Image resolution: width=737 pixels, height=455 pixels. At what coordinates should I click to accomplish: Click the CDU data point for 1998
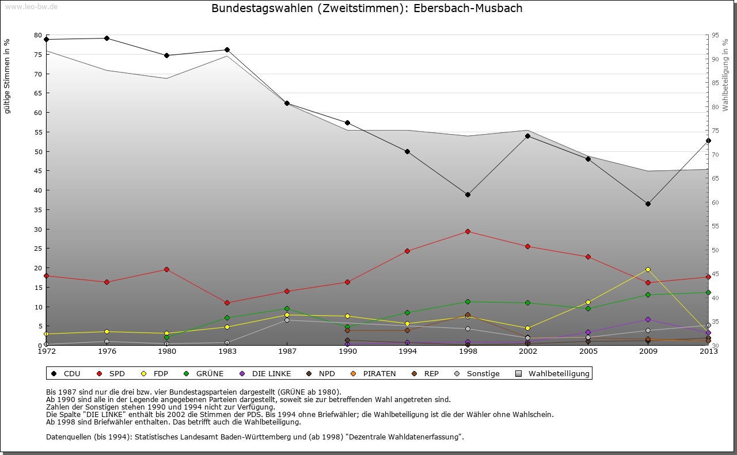point(468,194)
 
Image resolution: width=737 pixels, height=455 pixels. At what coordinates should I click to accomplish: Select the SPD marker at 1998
point(468,231)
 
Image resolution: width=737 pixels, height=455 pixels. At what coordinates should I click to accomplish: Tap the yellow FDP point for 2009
point(648,269)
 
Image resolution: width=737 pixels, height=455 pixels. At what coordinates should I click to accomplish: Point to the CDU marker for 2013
point(708,140)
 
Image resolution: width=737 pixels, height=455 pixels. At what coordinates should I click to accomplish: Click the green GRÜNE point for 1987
point(287,308)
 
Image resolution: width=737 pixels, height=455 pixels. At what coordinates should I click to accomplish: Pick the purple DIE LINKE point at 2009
point(648,319)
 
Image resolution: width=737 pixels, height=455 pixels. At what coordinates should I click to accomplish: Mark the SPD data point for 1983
point(227,303)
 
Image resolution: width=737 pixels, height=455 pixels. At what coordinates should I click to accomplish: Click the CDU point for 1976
point(107,38)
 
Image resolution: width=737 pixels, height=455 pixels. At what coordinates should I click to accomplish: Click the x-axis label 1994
point(407,351)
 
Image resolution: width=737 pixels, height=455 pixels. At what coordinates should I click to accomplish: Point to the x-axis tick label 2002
point(527,351)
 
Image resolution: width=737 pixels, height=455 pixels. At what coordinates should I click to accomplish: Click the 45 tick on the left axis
point(37,171)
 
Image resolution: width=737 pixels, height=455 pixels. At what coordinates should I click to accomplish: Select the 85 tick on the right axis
point(716,83)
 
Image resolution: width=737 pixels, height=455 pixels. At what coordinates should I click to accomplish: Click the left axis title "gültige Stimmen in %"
point(7,76)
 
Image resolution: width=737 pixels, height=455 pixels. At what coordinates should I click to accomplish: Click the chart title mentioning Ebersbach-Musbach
point(367,9)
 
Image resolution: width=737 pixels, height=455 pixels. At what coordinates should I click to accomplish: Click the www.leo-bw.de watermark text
point(31,6)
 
